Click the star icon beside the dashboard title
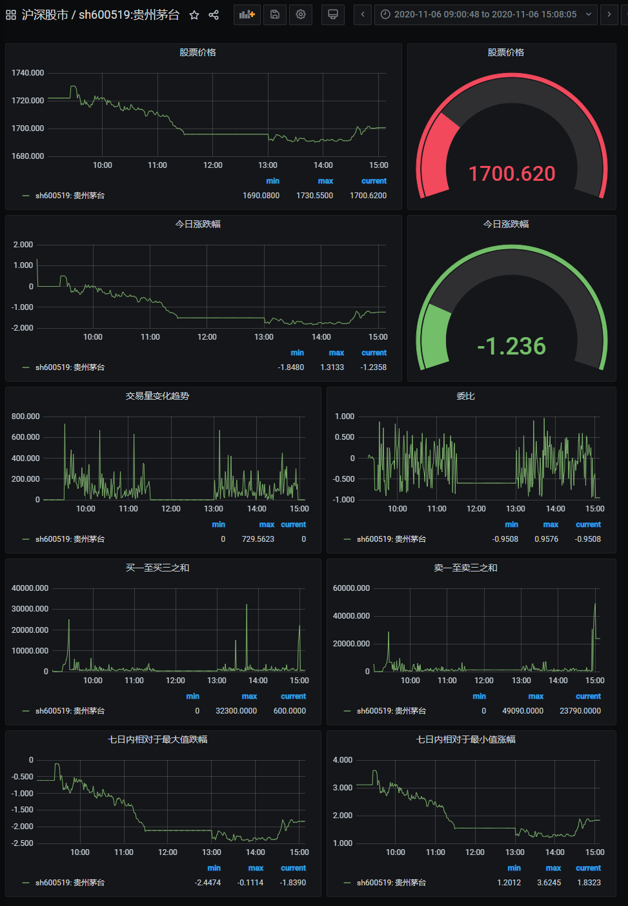pos(194,15)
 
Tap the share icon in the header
pos(214,15)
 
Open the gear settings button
pos(301,14)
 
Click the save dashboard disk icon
pos(275,14)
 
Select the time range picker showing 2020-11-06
pos(485,14)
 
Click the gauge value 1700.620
pos(512,174)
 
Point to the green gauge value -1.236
pos(512,346)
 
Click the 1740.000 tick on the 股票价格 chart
pos(28,73)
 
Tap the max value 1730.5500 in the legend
pos(314,196)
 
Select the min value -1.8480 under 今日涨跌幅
pos(290,367)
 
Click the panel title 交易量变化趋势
pos(157,396)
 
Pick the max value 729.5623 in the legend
pos(258,539)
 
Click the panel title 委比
pos(465,396)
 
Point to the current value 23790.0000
pos(580,711)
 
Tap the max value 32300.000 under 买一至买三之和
pos(236,711)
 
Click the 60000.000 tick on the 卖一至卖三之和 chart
pos(351,588)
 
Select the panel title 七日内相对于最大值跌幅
pos(157,739)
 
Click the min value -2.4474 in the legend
pos(207,883)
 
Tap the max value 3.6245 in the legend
pos(549,883)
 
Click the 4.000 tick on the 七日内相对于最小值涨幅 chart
pos(343,760)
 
